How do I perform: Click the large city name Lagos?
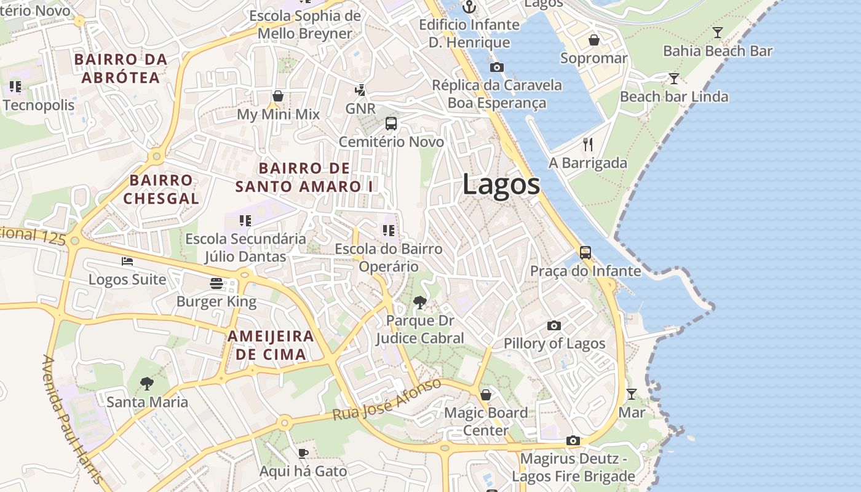[501, 184]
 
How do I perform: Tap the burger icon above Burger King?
[216, 284]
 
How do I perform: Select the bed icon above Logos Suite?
[127, 261]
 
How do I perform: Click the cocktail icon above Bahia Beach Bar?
[717, 33]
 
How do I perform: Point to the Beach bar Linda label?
[673, 97]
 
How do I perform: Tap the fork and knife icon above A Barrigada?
[588, 145]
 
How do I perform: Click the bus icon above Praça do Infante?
[585, 252]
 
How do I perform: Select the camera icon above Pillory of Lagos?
[554, 325]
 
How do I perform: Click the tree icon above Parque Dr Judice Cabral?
[420, 302]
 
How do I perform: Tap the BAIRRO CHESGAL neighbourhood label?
[161, 189]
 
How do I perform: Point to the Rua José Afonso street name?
[387, 400]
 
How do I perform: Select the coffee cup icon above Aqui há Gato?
[303, 453]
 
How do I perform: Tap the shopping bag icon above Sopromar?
[594, 40]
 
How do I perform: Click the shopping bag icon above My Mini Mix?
[278, 96]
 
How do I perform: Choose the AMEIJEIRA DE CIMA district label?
[271, 345]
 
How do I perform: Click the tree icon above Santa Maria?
[146, 384]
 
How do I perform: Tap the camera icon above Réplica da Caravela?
[497, 67]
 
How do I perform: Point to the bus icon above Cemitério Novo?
[391, 124]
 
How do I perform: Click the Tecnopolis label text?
[38, 105]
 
